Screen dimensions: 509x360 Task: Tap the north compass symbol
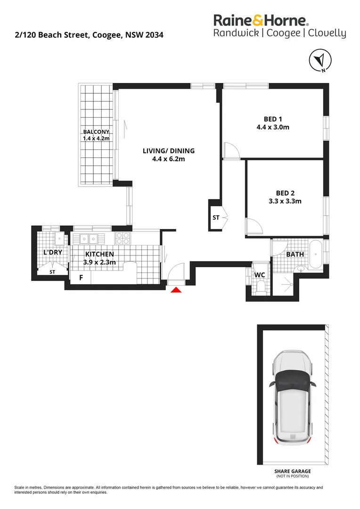pyautogui.click(x=320, y=61)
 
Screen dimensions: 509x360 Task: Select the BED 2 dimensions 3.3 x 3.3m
pyautogui.click(x=286, y=201)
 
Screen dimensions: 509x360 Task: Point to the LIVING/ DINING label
pyautogui.click(x=169, y=151)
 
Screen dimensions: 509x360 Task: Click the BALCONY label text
pyautogui.click(x=96, y=132)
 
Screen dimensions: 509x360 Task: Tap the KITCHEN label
pyautogui.click(x=99, y=254)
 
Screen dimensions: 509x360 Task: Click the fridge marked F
pyautogui.click(x=81, y=278)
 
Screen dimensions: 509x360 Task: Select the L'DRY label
pyautogui.click(x=53, y=253)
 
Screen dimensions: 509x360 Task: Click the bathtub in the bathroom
pyautogui.click(x=315, y=254)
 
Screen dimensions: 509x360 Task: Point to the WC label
pyautogui.click(x=260, y=275)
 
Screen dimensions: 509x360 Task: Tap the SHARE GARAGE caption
pyautogui.click(x=293, y=471)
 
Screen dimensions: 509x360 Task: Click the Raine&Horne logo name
pyautogui.click(x=261, y=20)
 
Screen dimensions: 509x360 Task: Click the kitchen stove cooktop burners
pyautogui.click(x=123, y=238)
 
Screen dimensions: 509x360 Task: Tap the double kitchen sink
pyautogui.click(x=88, y=238)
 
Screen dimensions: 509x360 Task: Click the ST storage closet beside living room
pyautogui.click(x=216, y=218)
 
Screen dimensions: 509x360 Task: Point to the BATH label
pyautogui.click(x=295, y=254)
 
